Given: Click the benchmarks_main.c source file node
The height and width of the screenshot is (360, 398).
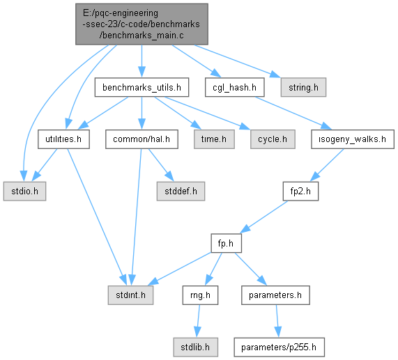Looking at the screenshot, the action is (x=141, y=24).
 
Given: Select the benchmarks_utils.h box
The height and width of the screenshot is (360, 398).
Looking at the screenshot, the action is (x=141, y=87).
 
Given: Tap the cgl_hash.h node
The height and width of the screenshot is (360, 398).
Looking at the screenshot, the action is (x=234, y=87).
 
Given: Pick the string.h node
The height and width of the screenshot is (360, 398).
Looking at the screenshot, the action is (x=303, y=87).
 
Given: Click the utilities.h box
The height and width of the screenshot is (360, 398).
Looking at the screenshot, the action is (x=63, y=139).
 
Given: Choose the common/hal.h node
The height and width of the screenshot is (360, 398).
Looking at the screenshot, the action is (x=141, y=139).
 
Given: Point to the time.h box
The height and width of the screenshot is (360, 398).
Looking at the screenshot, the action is (x=214, y=139).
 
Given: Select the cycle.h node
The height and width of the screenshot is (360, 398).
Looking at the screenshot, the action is (x=273, y=139).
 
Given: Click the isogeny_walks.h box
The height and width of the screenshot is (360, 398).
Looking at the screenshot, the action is (x=353, y=139).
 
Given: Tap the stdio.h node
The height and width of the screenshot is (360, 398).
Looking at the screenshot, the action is (x=24, y=191).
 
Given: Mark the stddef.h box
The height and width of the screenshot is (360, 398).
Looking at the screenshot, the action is (x=181, y=191).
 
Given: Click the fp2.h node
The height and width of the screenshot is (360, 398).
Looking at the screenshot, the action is (x=300, y=191).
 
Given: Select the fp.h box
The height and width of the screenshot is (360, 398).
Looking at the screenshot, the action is (x=226, y=244).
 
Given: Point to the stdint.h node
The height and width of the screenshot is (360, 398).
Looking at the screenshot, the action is (x=130, y=295).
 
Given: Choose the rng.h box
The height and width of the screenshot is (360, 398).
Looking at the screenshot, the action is (x=200, y=295).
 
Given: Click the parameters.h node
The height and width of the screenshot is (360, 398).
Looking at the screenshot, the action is (x=275, y=295).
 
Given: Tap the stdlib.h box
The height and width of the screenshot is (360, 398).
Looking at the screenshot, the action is (x=195, y=347).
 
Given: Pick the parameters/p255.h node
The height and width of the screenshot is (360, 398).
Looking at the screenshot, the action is (x=279, y=347).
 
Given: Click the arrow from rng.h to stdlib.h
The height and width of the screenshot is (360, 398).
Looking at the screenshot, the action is (x=198, y=321).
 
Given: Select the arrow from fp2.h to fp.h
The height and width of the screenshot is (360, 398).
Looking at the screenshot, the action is (x=263, y=217).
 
